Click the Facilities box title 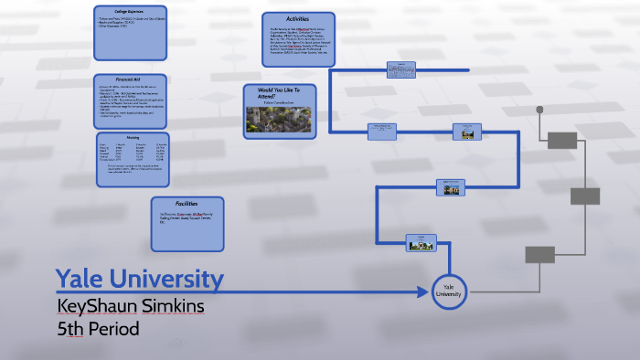pos(187,203)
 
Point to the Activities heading pos(298,17)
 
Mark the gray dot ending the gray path pos(539,110)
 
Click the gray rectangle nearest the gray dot pos(562,140)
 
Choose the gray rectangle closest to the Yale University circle pos(539,254)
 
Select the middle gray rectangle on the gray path pos(585,196)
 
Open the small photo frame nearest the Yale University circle pos(421,243)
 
